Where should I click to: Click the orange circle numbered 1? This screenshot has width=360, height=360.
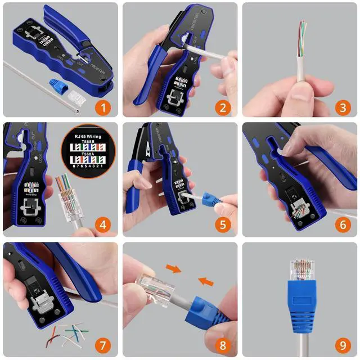101,106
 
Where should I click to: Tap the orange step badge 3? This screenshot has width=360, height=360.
341,106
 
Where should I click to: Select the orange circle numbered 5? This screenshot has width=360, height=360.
222,226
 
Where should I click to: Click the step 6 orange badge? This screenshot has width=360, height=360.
341,226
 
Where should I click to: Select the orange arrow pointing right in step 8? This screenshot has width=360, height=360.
175,269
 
